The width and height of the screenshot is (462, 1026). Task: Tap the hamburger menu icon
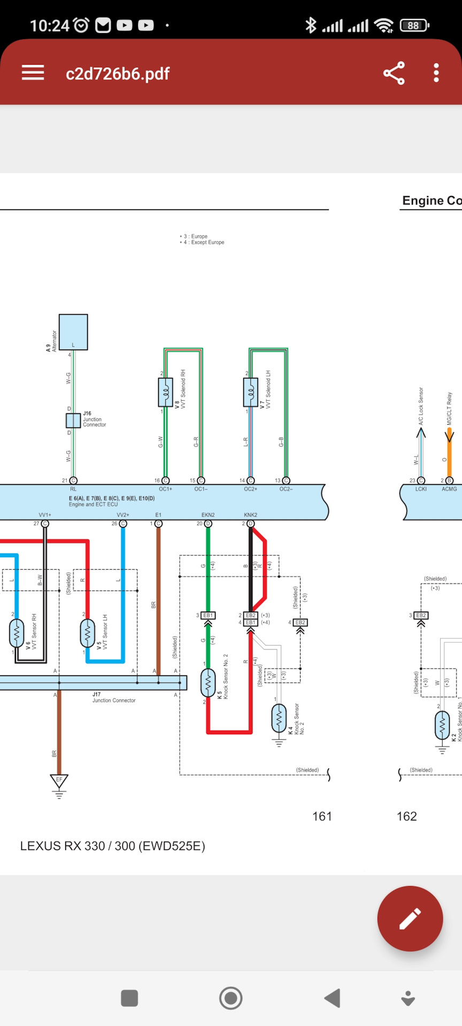pyautogui.click(x=33, y=73)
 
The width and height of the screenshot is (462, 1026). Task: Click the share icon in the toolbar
pyautogui.click(x=394, y=73)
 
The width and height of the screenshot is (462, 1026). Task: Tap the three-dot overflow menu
pyautogui.click(x=436, y=73)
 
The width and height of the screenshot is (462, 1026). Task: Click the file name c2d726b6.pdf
pyautogui.click(x=118, y=74)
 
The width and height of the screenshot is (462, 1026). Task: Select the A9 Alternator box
pyautogui.click(x=73, y=332)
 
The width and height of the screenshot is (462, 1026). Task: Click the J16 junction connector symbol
pyautogui.click(x=73, y=421)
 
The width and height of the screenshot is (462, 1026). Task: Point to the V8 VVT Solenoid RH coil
pyautogui.click(x=166, y=392)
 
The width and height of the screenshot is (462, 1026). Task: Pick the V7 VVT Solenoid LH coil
pyautogui.click(x=250, y=392)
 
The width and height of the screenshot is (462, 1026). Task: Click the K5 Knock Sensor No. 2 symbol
pyautogui.click(x=208, y=682)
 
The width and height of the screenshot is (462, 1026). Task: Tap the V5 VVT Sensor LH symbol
pyautogui.click(x=87, y=633)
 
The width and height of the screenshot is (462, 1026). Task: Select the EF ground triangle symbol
pyautogui.click(x=59, y=781)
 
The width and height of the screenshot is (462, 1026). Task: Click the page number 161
pyautogui.click(x=322, y=816)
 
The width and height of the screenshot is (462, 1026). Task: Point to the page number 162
pyautogui.click(x=406, y=816)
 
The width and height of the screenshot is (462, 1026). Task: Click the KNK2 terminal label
pyautogui.click(x=250, y=515)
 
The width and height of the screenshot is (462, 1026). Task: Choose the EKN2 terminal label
pyautogui.click(x=208, y=515)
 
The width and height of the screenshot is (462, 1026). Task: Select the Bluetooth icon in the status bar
pyautogui.click(x=311, y=25)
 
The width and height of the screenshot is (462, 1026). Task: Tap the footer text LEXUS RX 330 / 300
pyautogui.click(x=112, y=846)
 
